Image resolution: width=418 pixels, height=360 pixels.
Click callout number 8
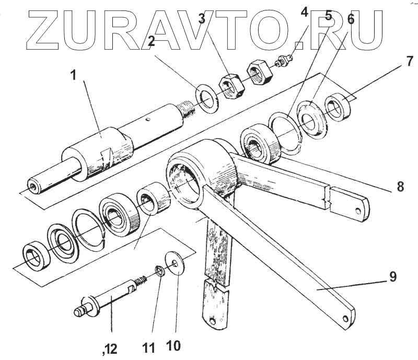[x=400, y=187]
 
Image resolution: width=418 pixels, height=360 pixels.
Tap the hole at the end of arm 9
[x=347, y=317]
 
